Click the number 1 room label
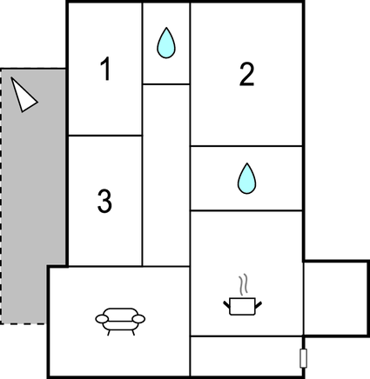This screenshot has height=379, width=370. tap(106, 69)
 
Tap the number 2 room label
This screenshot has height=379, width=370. tap(246, 74)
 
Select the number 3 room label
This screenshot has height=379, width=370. tap(104, 201)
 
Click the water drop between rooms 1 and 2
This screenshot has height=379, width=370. tap(166, 43)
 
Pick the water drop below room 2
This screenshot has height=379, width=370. tap(247, 178)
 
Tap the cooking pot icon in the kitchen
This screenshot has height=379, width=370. tap(242, 306)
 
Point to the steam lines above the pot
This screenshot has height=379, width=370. tap(243, 284)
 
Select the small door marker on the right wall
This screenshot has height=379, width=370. tap(303, 358)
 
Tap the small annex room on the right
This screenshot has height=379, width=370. tap(336, 299)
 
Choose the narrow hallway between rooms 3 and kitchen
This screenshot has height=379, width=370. tap(166, 175)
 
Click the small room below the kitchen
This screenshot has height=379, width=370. tap(246, 356)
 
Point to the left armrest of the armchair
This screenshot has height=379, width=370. tap(102, 319)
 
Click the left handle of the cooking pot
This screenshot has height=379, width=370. tap(226, 304)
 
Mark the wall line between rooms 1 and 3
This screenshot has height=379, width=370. tap(105, 136)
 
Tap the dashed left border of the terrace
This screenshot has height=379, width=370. tap(1, 196)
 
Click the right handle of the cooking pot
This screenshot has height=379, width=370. tap(259, 304)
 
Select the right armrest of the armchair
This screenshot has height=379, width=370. tap(138, 319)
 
